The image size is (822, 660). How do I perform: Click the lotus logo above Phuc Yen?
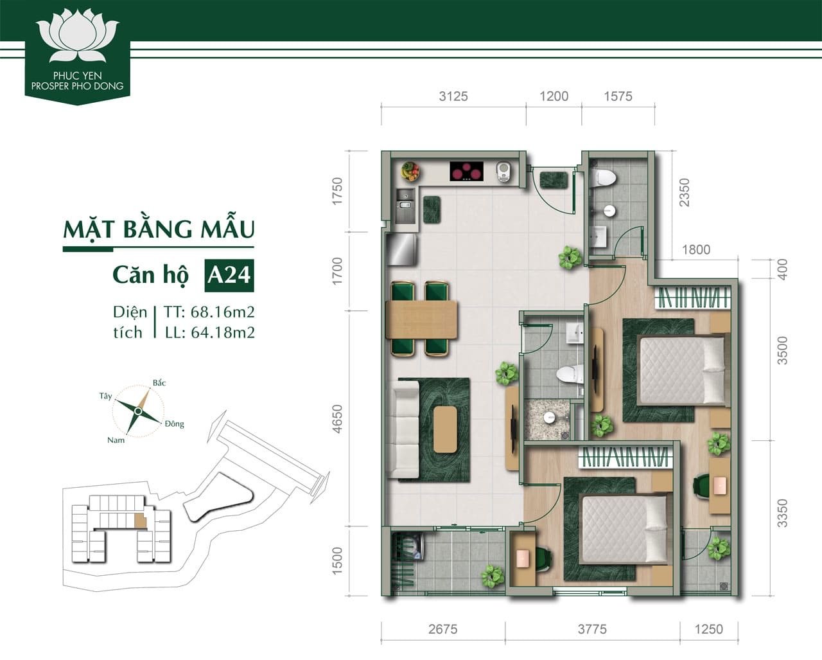click(x=78, y=39)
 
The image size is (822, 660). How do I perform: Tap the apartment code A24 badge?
click(x=228, y=274)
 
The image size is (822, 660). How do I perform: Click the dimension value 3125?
click(x=453, y=96)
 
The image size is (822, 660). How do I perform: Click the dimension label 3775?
click(x=591, y=629)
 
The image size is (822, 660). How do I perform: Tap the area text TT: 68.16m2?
click(x=209, y=312)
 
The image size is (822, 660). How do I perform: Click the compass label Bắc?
click(x=159, y=383)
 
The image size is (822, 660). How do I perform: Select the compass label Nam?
click(x=116, y=440)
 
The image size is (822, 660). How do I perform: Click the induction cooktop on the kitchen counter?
click(x=466, y=172)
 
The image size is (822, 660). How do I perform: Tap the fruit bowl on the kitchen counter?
click(x=410, y=172)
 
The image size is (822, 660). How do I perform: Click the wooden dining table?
click(x=422, y=319)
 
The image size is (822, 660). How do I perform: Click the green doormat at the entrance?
click(x=554, y=180)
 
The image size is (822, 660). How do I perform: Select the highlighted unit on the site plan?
click(x=141, y=521)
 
